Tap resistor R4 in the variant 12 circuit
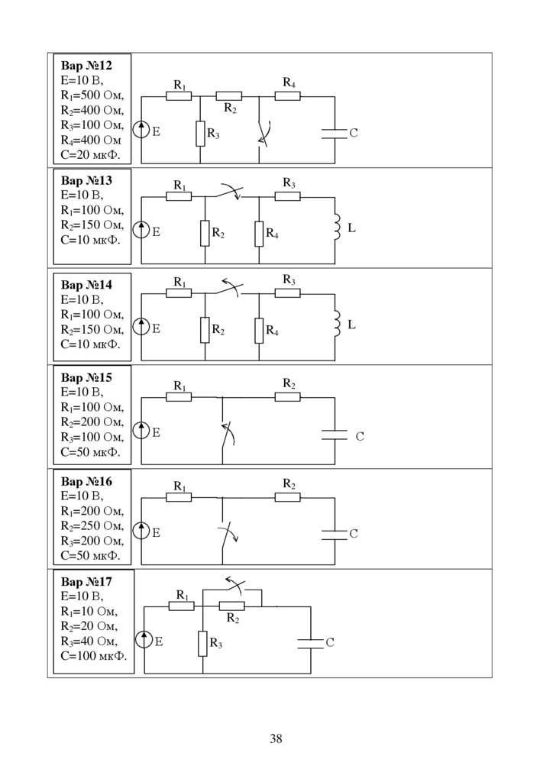tap(288, 96)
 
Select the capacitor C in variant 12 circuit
tap(334, 133)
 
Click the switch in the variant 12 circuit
tap(261, 134)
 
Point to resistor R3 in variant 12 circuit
tap(200, 134)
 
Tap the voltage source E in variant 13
tap(141, 229)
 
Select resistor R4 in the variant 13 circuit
tap(259, 234)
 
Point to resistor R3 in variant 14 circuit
tap(288, 292)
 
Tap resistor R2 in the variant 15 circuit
tap(288, 396)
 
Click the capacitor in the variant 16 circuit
tap(334, 534)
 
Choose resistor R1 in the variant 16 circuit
tap(179, 497)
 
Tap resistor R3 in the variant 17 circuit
tap(203, 643)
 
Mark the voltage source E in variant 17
tap(144, 641)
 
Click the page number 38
tap(276, 738)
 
